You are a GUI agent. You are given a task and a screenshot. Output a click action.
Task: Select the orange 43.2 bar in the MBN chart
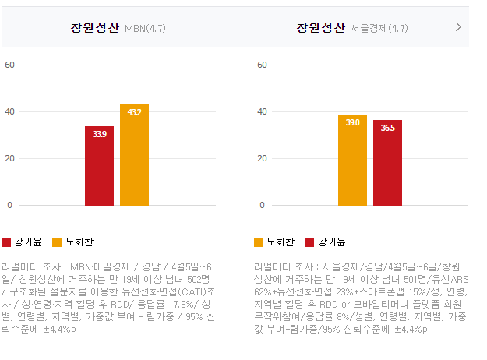pyautogui.click(x=134, y=155)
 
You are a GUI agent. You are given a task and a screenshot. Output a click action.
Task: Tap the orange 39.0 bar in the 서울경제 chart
pyautogui.click(x=352, y=160)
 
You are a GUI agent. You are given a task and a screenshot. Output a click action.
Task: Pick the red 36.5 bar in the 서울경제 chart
pyautogui.click(x=387, y=163)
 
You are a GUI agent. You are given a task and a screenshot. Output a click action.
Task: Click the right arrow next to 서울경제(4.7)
pyautogui.click(x=458, y=27)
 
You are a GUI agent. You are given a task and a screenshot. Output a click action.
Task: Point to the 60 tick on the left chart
pyautogui.click(x=10, y=65)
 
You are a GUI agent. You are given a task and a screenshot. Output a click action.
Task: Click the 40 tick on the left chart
pyautogui.click(x=10, y=111)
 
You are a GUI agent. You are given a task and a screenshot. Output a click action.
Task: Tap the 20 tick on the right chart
pyautogui.click(x=263, y=158)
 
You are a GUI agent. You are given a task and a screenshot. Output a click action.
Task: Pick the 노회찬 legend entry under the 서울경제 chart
pyautogui.click(x=275, y=242)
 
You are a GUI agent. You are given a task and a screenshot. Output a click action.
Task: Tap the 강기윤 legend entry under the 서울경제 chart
pyautogui.click(x=325, y=242)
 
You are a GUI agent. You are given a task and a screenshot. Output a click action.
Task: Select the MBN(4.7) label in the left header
pyautogui.click(x=145, y=29)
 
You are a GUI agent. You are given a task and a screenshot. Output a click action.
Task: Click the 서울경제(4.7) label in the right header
pyautogui.click(x=379, y=29)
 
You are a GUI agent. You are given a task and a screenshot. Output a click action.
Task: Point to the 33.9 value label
pyautogui.click(x=99, y=134)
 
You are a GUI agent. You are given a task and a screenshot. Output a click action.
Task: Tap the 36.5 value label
pyautogui.click(x=387, y=128)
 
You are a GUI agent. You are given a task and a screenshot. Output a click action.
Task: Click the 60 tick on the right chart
pyautogui.click(x=263, y=65)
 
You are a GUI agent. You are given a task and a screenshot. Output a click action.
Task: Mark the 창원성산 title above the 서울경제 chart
pyautogui.click(x=320, y=28)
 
